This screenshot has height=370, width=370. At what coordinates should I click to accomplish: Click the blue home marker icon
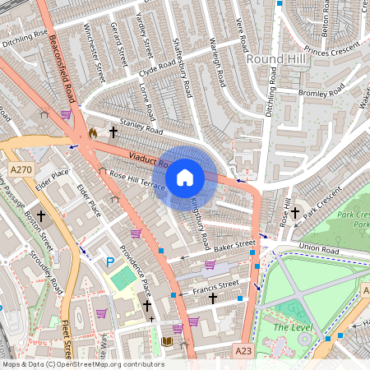click(185, 177)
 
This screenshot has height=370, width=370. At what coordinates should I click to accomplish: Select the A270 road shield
click(21, 169)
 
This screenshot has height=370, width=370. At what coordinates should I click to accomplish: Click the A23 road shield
click(243, 350)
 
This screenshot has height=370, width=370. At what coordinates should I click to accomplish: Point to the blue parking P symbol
click(109, 262)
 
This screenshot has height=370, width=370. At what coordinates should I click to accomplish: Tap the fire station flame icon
click(92, 132)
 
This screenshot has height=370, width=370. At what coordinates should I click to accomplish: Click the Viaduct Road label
click(148, 159)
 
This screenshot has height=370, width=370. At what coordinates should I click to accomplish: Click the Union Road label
click(320, 247)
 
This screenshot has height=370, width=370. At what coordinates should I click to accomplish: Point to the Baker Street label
click(235, 245)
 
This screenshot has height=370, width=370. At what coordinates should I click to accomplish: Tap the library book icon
click(167, 340)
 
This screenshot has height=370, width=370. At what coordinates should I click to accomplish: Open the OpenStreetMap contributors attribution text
click(82, 364)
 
